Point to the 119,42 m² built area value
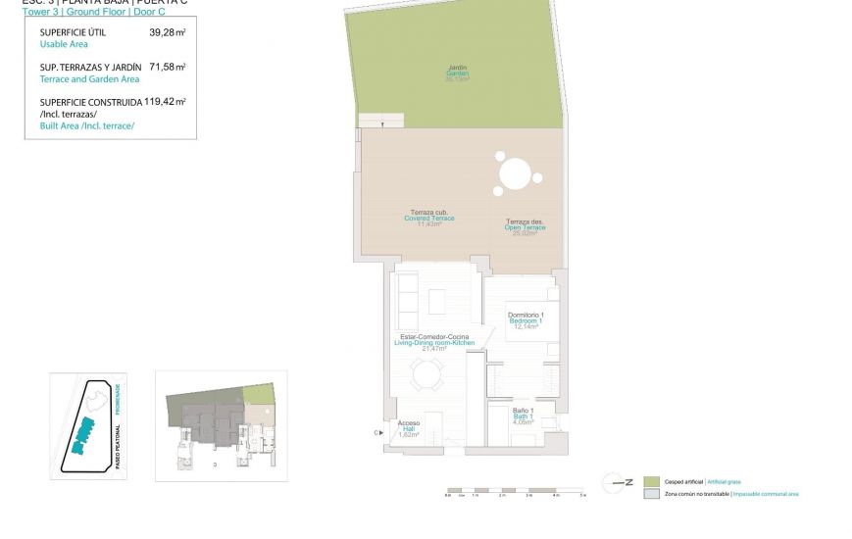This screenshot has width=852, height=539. click(165, 101)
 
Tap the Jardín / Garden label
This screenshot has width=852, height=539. click(457, 73)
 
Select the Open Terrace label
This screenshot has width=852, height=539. click(526, 227)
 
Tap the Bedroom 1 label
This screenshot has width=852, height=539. click(526, 320)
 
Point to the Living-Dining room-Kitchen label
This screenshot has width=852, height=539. click(434, 342)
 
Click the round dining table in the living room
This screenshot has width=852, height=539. click(427, 374)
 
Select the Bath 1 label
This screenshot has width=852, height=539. click(523, 416)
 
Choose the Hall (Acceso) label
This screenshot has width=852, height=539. click(409, 428)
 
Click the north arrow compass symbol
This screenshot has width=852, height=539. click(617, 482)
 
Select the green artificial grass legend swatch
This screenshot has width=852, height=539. click(651, 482)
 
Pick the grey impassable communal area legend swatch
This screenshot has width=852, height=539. click(651, 494)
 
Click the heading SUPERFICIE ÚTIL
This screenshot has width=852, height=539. click(74, 32)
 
